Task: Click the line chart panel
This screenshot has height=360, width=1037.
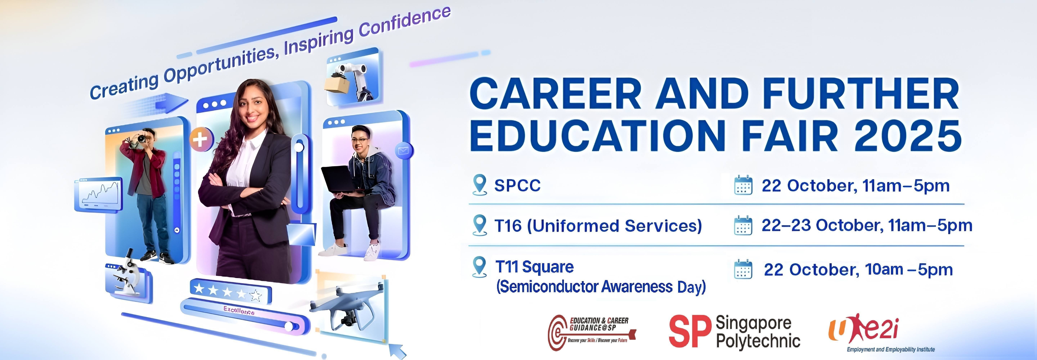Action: (99, 195)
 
